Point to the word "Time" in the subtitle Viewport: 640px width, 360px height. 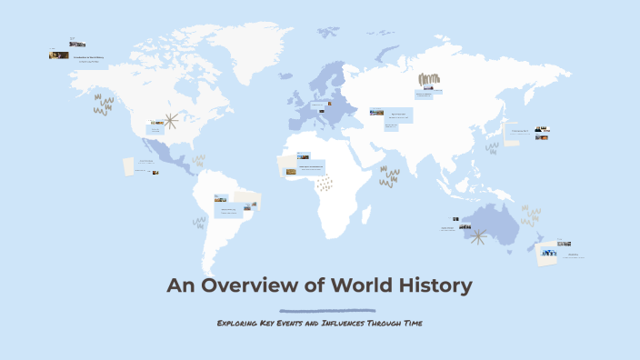pyautogui.click(x=411, y=323)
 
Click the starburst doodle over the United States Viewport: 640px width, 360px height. pyautogui.click(x=168, y=120)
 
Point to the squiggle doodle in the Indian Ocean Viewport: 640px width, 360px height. pyautogui.click(x=389, y=176)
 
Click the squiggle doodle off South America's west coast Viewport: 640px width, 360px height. pyautogui.click(x=199, y=221)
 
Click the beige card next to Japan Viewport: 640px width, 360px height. pyautogui.click(x=493, y=146)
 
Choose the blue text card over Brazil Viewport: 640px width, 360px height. pyautogui.click(x=226, y=212)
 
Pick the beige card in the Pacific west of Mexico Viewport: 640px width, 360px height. pyautogui.click(x=129, y=166)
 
